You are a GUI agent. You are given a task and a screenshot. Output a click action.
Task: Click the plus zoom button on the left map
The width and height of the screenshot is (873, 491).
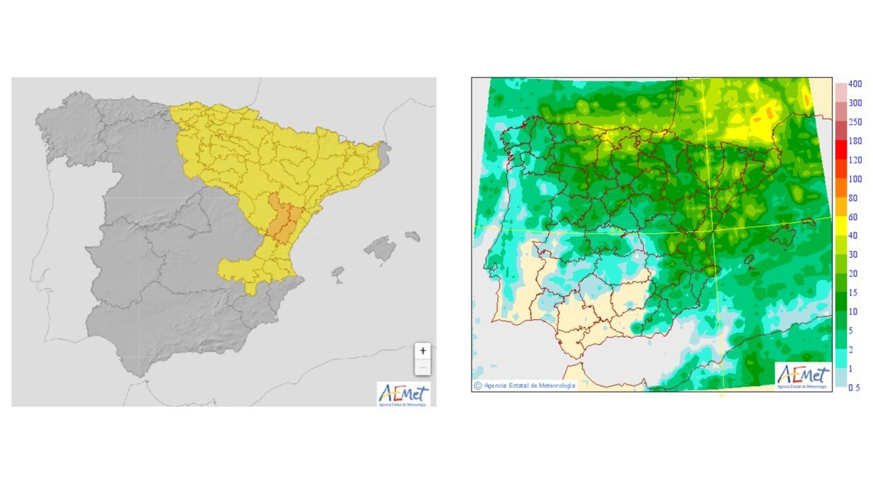(x=423, y=351)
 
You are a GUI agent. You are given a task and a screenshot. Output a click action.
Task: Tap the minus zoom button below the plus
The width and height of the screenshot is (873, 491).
(x=423, y=367)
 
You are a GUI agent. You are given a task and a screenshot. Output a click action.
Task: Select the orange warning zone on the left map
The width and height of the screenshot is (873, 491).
(x=283, y=220)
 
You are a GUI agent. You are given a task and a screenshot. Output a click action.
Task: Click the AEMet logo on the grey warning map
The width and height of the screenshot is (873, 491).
(x=403, y=395)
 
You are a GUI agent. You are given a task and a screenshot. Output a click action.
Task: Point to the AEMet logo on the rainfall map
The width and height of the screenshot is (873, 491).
(x=803, y=377)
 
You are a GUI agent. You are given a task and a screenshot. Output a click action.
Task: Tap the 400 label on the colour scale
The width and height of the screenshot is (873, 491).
(x=855, y=84)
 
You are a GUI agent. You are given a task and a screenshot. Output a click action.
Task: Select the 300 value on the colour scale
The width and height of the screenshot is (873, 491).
(x=855, y=103)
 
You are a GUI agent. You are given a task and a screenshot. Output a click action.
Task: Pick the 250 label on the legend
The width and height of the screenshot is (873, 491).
(x=855, y=122)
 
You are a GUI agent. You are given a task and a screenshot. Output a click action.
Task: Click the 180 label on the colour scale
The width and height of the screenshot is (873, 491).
(x=855, y=141)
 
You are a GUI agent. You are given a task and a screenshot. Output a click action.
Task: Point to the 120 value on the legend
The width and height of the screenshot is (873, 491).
(x=855, y=160)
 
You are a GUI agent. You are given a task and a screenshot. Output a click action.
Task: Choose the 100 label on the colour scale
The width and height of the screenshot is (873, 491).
(x=855, y=179)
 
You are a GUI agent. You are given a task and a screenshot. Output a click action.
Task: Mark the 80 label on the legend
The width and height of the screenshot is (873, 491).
(x=853, y=198)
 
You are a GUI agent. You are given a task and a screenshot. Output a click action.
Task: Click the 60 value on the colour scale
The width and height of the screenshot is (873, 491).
(x=853, y=217)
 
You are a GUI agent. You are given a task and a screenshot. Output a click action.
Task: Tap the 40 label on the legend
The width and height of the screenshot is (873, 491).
(x=853, y=236)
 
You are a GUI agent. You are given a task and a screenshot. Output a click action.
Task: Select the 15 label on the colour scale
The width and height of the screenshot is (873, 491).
(x=853, y=293)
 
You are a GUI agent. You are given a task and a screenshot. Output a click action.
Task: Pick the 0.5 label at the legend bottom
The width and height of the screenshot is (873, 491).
(x=854, y=387)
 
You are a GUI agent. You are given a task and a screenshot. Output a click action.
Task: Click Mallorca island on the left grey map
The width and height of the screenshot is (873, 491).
(x=380, y=249)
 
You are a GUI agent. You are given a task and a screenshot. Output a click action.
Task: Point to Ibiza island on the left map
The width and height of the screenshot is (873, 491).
(x=338, y=272)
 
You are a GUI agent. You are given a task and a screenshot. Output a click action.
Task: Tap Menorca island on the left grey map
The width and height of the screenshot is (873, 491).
(x=413, y=236)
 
